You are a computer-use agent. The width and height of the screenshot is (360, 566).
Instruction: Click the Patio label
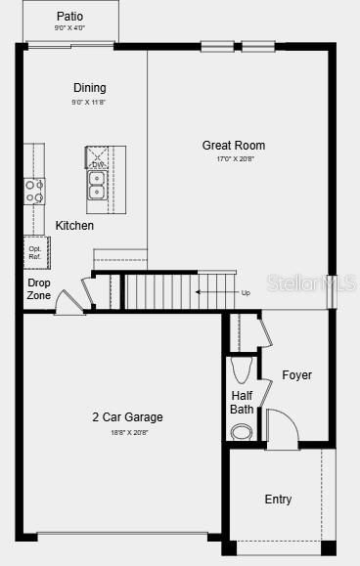click(69, 17)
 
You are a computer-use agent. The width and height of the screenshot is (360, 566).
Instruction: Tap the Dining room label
click(89, 88)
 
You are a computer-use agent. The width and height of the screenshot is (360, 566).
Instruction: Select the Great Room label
click(234, 146)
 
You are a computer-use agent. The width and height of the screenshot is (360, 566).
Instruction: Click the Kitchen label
click(74, 226)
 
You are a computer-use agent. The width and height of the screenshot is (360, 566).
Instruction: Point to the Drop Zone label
click(39, 288)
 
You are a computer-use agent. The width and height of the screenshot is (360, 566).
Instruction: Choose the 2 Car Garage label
click(127, 417)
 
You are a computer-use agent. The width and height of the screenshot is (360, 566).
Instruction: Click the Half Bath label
click(242, 402)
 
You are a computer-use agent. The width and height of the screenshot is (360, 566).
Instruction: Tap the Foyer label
click(296, 375)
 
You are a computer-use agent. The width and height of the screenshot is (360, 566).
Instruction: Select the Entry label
click(278, 500)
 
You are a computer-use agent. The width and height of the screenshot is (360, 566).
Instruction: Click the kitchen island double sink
click(98, 185)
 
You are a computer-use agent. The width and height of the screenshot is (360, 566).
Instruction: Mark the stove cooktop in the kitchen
click(34, 190)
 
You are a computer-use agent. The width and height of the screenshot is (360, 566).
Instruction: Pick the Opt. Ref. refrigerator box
click(36, 251)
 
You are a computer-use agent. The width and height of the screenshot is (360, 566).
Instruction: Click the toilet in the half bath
click(243, 370)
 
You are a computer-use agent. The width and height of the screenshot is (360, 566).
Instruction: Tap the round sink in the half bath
click(242, 431)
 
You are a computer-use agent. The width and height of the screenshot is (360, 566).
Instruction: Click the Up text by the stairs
click(245, 291)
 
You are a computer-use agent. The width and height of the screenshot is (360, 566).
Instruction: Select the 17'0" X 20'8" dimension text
click(234, 159)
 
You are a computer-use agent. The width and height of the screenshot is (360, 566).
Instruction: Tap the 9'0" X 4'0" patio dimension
click(69, 28)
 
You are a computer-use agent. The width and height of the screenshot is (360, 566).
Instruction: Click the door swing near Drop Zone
click(68, 303)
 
